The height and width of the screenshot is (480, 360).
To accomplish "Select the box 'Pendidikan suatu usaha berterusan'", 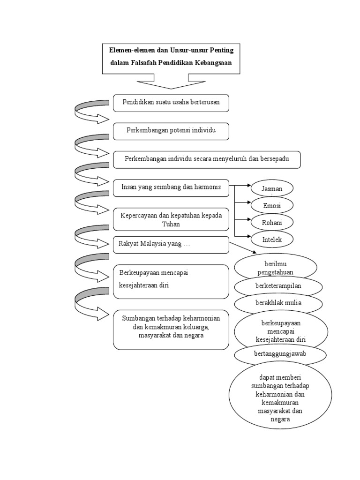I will (x=171, y=103).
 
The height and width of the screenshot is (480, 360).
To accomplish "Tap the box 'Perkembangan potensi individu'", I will (x=171, y=131).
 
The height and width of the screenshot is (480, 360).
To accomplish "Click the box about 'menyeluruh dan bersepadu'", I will (x=207, y=159).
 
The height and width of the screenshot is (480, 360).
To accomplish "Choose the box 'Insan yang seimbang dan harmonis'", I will (x=171, y=187).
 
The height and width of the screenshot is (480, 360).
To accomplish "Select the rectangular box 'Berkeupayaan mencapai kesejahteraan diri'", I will (x=171, y=281).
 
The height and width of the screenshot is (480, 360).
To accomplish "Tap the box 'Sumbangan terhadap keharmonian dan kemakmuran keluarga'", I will (x=171, y=329).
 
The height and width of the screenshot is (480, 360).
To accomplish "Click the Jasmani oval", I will (x=272, y=188).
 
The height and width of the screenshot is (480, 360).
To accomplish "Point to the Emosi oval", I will (x=272, y=205).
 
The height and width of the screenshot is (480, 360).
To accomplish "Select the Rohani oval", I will (x=272, y=223).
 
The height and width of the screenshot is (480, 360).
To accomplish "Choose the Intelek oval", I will (x=272, y=240).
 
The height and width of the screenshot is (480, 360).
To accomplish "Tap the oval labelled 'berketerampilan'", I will (x=278, y=286).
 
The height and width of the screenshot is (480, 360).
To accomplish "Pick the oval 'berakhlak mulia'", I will (x=278, y=303).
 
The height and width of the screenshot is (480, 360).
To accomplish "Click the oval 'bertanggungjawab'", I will (x=280, y=354).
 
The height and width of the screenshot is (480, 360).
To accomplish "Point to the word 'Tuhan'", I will (x=171, y=225).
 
